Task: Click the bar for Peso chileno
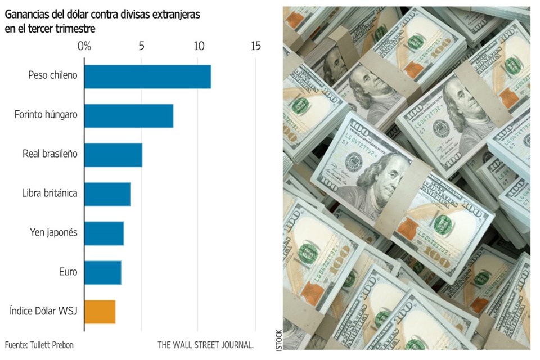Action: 147,76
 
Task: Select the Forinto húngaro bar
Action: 128,115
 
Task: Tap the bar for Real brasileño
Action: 113,155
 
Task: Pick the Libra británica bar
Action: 107,194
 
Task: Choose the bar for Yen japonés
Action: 104,233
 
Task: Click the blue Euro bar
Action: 103,273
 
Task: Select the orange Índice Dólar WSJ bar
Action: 100,312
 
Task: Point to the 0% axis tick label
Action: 84,46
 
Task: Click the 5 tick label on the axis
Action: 141,46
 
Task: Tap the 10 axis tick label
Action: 199,46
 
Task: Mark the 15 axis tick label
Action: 256,46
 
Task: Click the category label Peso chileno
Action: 52,75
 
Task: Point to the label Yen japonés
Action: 53,232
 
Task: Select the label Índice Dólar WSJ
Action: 43,310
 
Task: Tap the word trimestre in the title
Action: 75,28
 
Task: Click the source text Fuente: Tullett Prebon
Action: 39,344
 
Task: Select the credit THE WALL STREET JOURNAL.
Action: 205,344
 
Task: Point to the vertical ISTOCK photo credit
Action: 279,340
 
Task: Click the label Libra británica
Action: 49,193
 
